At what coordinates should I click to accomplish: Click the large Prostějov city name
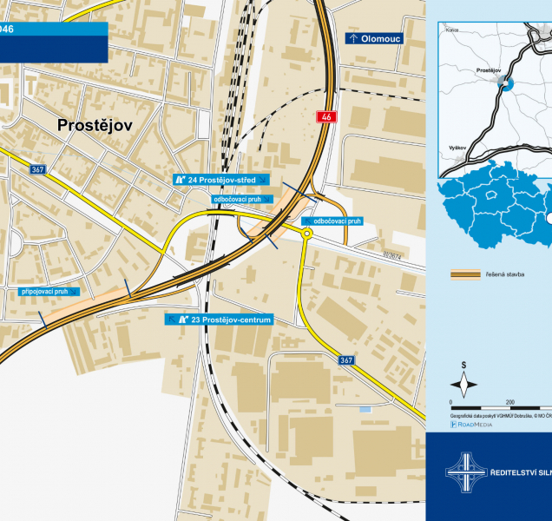95,126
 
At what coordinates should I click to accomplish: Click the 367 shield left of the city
37,169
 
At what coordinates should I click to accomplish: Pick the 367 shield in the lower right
346,359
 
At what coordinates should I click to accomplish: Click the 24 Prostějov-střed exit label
221,179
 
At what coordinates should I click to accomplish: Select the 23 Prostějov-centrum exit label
220,320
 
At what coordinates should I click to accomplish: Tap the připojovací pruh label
45,292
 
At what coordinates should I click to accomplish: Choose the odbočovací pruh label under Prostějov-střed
237,199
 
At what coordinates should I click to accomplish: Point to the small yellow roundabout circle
306,234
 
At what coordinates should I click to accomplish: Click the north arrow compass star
464,385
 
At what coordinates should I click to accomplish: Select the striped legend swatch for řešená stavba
467,274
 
